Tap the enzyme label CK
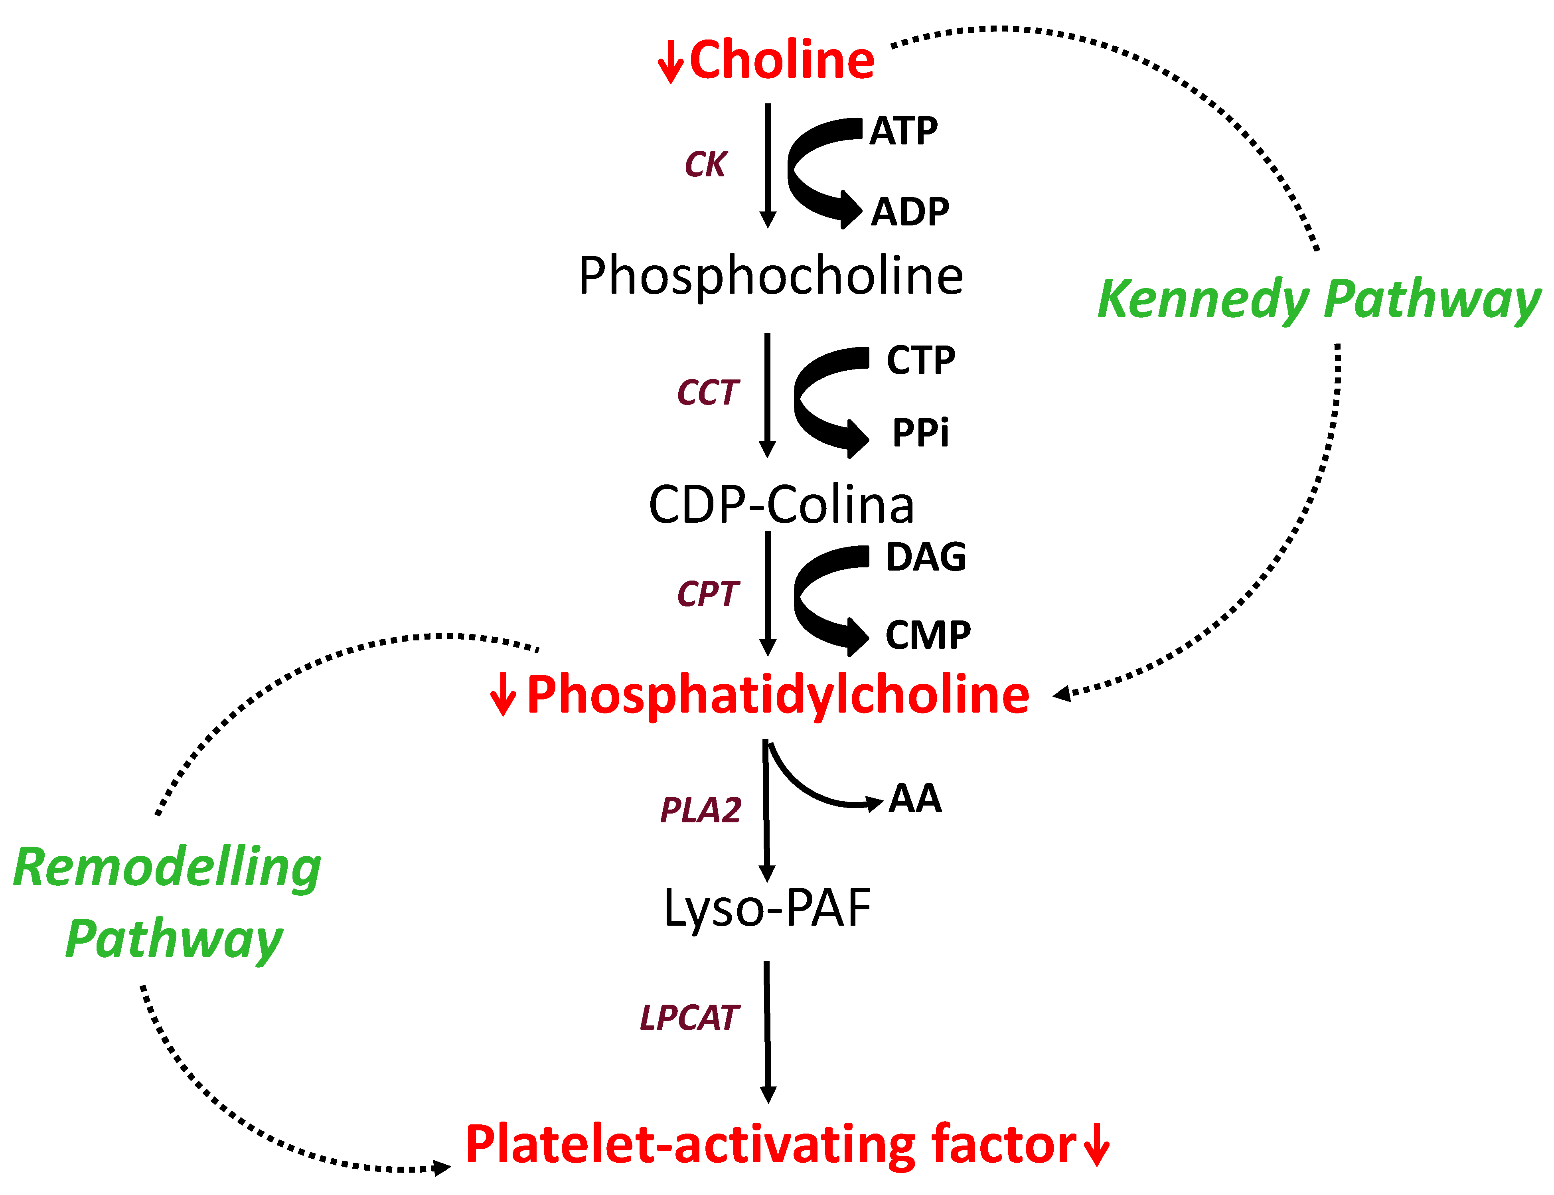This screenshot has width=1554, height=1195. pos(705,165)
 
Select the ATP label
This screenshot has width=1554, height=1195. pos(903,132)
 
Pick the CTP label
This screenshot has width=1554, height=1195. pos(920,361)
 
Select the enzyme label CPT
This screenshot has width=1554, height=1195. pos(708,594)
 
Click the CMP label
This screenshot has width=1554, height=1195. pos(928,635)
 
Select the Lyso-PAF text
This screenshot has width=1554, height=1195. pos(767,909)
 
